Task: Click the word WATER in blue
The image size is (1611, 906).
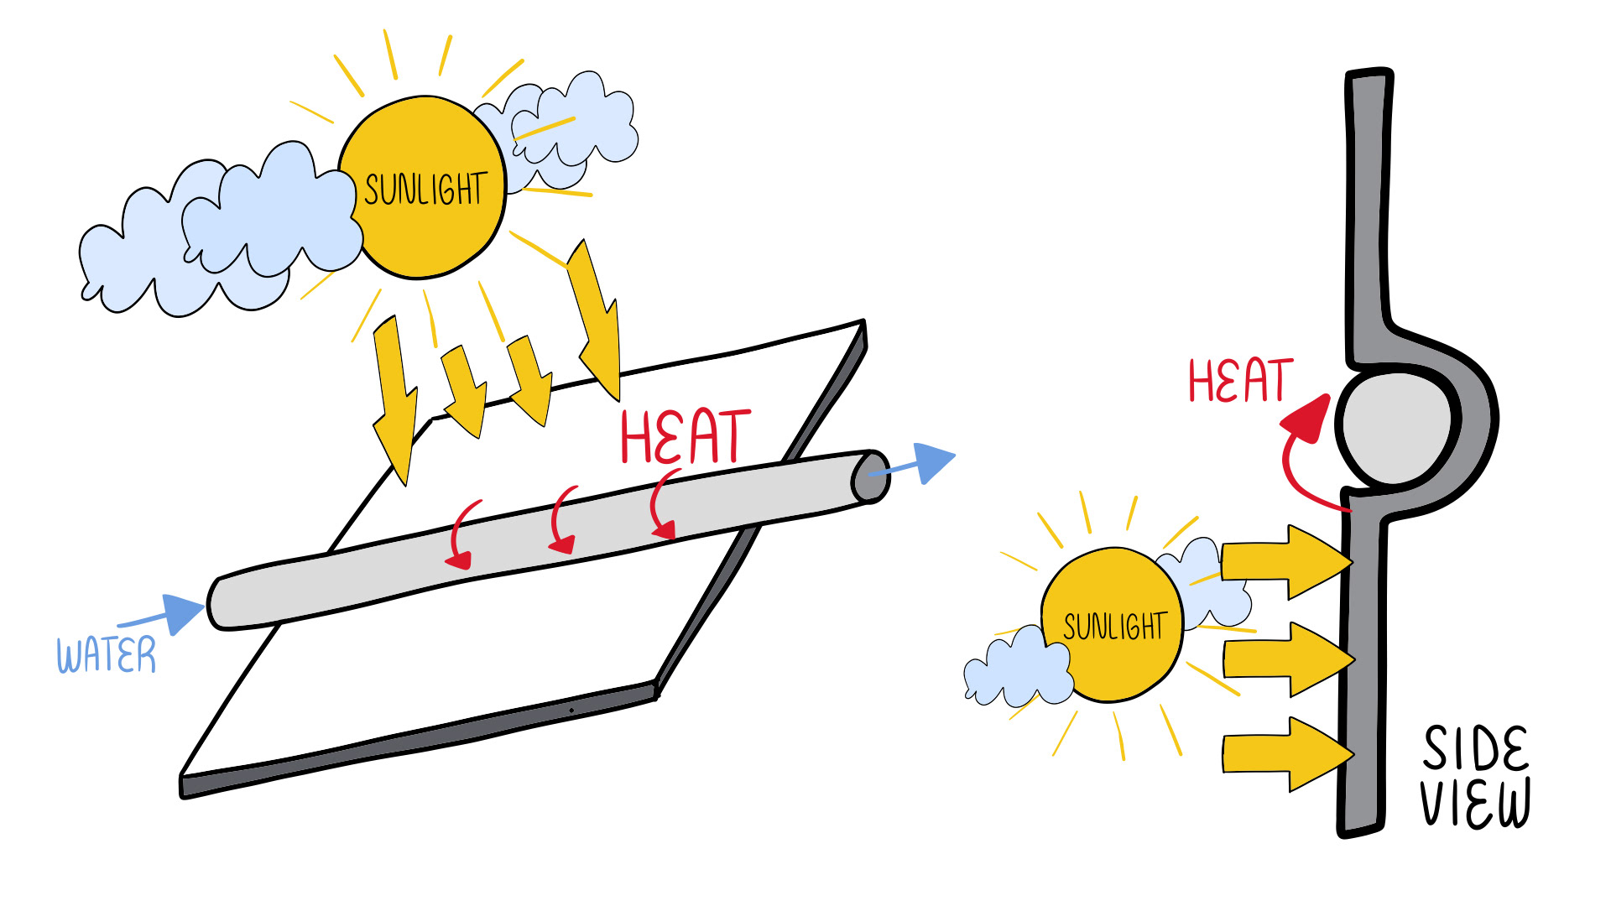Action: tap(107, 655)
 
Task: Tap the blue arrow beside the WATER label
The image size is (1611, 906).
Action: tap(172, 614)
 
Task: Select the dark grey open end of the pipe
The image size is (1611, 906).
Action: tap(870, 477)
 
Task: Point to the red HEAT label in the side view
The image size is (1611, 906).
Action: tap(1240, 382)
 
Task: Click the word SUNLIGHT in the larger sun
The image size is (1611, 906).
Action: tap(425, 190)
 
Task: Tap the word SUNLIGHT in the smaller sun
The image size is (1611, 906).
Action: tap(1115, 626)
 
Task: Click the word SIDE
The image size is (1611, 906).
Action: tap(1476, 748)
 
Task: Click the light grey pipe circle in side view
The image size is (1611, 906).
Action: tap(1395, 428)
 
